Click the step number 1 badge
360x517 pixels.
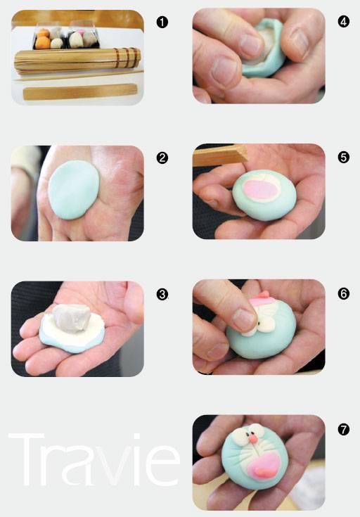point(162,23)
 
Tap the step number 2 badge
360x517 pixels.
point(162,158)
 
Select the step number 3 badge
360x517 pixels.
point(162,294)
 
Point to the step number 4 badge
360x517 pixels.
point(344,22)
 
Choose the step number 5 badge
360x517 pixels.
point(344,158)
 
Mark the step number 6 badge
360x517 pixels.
point(344,293)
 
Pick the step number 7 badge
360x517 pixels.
point(344,430)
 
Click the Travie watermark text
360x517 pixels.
point(94,459)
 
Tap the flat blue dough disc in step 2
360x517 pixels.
point(74,190)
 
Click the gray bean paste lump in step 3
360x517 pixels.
point(72,318)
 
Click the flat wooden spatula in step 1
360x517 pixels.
point(79,91)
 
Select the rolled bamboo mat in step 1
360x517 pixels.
point(77,60)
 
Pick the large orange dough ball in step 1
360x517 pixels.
point(43,43)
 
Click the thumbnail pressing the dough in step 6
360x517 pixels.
point(244,320)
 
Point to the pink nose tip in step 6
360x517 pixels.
point(264,294)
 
